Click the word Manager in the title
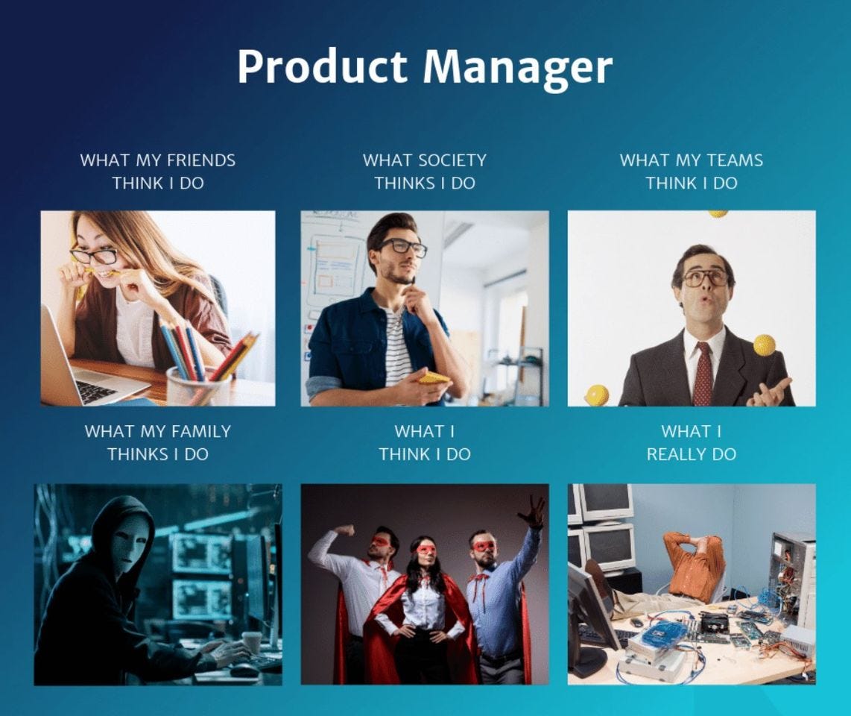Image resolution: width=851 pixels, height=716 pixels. click(x=518, y=67)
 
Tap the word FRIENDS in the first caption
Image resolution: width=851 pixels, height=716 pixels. click(x=200, y=160)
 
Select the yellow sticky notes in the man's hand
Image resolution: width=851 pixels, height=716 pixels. click(x=434, y=378)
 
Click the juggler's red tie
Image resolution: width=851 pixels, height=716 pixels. click(x=703, y=373)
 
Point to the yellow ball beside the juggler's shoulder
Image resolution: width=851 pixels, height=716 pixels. click(x=765, y=345)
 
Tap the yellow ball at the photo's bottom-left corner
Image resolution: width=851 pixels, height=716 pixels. click(x=596, y=395)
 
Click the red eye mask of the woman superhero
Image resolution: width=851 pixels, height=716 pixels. click(x=425, y=550)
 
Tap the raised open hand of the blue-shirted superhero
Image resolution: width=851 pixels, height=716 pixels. click(x=533, y=512)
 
